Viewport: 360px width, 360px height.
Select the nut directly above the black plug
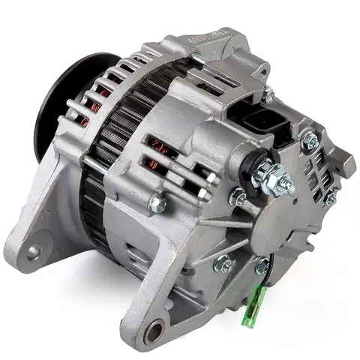click(268, 94)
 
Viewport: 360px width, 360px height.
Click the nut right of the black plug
click(308, 138)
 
